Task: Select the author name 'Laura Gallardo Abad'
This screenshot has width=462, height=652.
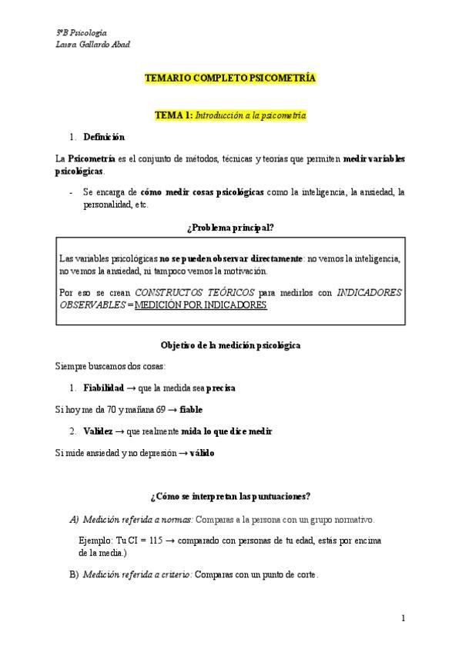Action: click(93, 45)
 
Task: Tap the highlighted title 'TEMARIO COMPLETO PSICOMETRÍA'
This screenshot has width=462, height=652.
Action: click(230, 79)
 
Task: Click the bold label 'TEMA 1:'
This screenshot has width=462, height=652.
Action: click(173, 115)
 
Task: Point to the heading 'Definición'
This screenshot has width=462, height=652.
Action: click(103, 137)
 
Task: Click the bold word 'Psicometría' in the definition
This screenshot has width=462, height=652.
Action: click(92, 158)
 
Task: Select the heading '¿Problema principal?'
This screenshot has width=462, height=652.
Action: click(230, 227)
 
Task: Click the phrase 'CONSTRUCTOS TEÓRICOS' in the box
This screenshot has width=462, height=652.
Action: click(194, 293)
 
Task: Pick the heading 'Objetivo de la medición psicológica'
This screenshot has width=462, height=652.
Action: click(230, 345)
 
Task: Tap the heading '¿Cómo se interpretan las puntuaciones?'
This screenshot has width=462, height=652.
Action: click(230, 496)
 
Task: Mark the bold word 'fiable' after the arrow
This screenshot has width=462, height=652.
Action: click(191, 410)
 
